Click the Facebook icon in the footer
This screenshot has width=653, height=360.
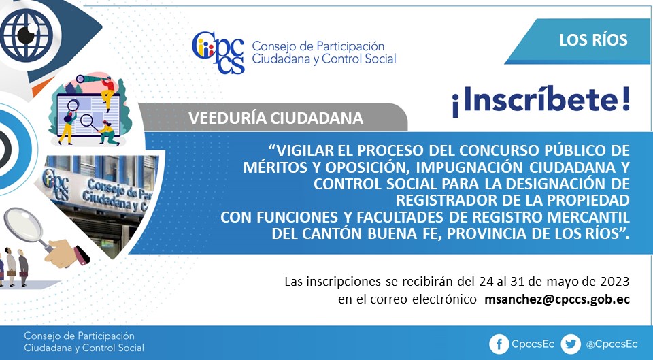point(499,344)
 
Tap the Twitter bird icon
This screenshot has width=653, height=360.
point(570,344)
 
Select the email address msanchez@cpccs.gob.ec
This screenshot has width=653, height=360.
point(557,299)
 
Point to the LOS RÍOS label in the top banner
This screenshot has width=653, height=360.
point(593,40)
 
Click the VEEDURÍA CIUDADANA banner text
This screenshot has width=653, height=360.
point(275,118)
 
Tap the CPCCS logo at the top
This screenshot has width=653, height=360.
point(218,52)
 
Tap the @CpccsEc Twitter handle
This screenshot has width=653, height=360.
point(612,344)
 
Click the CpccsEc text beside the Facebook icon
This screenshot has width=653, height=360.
point(533,344)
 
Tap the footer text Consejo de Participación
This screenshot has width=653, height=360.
point(79,336)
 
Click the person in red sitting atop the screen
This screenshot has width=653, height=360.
point(107,92)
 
